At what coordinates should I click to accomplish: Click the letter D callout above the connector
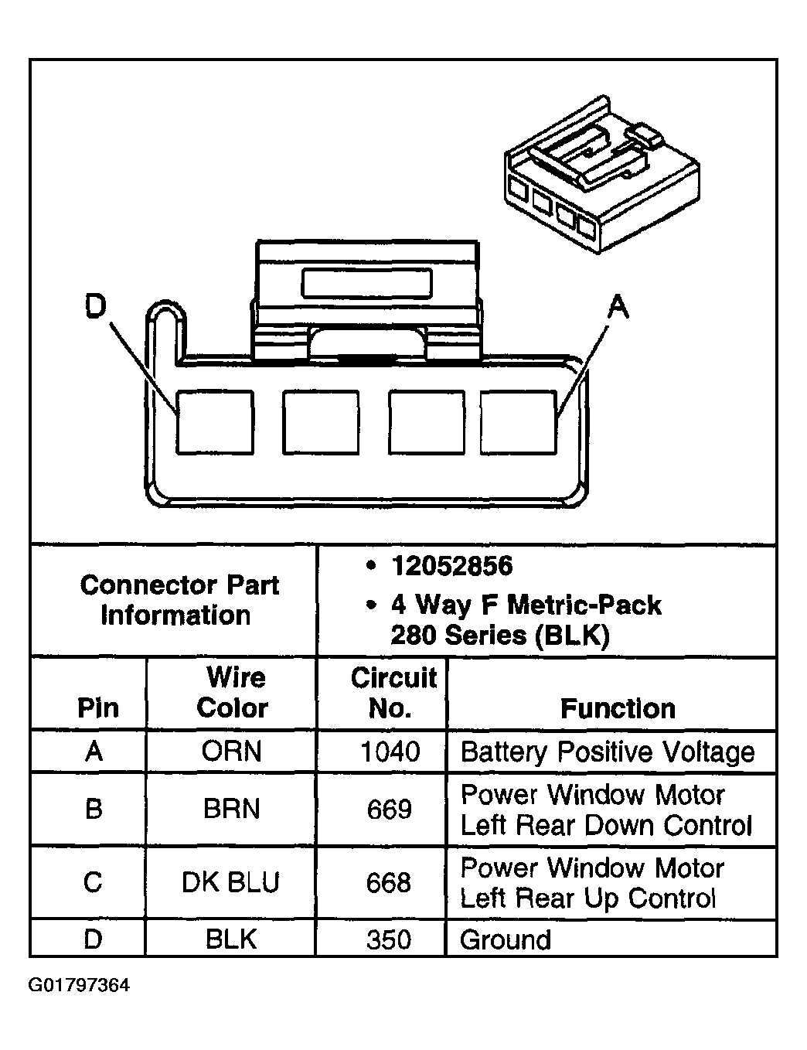click(94, 307)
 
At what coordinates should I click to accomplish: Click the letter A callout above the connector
click(618, 308)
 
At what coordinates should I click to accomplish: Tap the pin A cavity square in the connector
click(518, 422)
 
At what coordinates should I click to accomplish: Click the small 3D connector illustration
click(601, 176)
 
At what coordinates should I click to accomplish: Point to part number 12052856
click(451, 566)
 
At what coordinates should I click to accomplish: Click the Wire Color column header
click(233, 693)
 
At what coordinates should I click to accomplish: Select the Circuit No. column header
click(393, 693)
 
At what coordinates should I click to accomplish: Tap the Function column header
click(618, 708)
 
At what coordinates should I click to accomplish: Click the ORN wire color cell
click(232, 752)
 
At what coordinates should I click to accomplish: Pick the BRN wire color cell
click(232, 810)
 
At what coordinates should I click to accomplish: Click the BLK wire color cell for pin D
click(231, 939)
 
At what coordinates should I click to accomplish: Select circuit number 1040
click(390, 752)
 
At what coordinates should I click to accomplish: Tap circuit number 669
click(390, 810)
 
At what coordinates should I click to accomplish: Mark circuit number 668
click(389, 882)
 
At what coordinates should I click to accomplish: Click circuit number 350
click(389, 939)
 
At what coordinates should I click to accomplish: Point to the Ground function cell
click(506, 940)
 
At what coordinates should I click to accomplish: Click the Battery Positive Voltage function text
click(608, 752)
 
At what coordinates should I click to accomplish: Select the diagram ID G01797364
click(80, 986)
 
